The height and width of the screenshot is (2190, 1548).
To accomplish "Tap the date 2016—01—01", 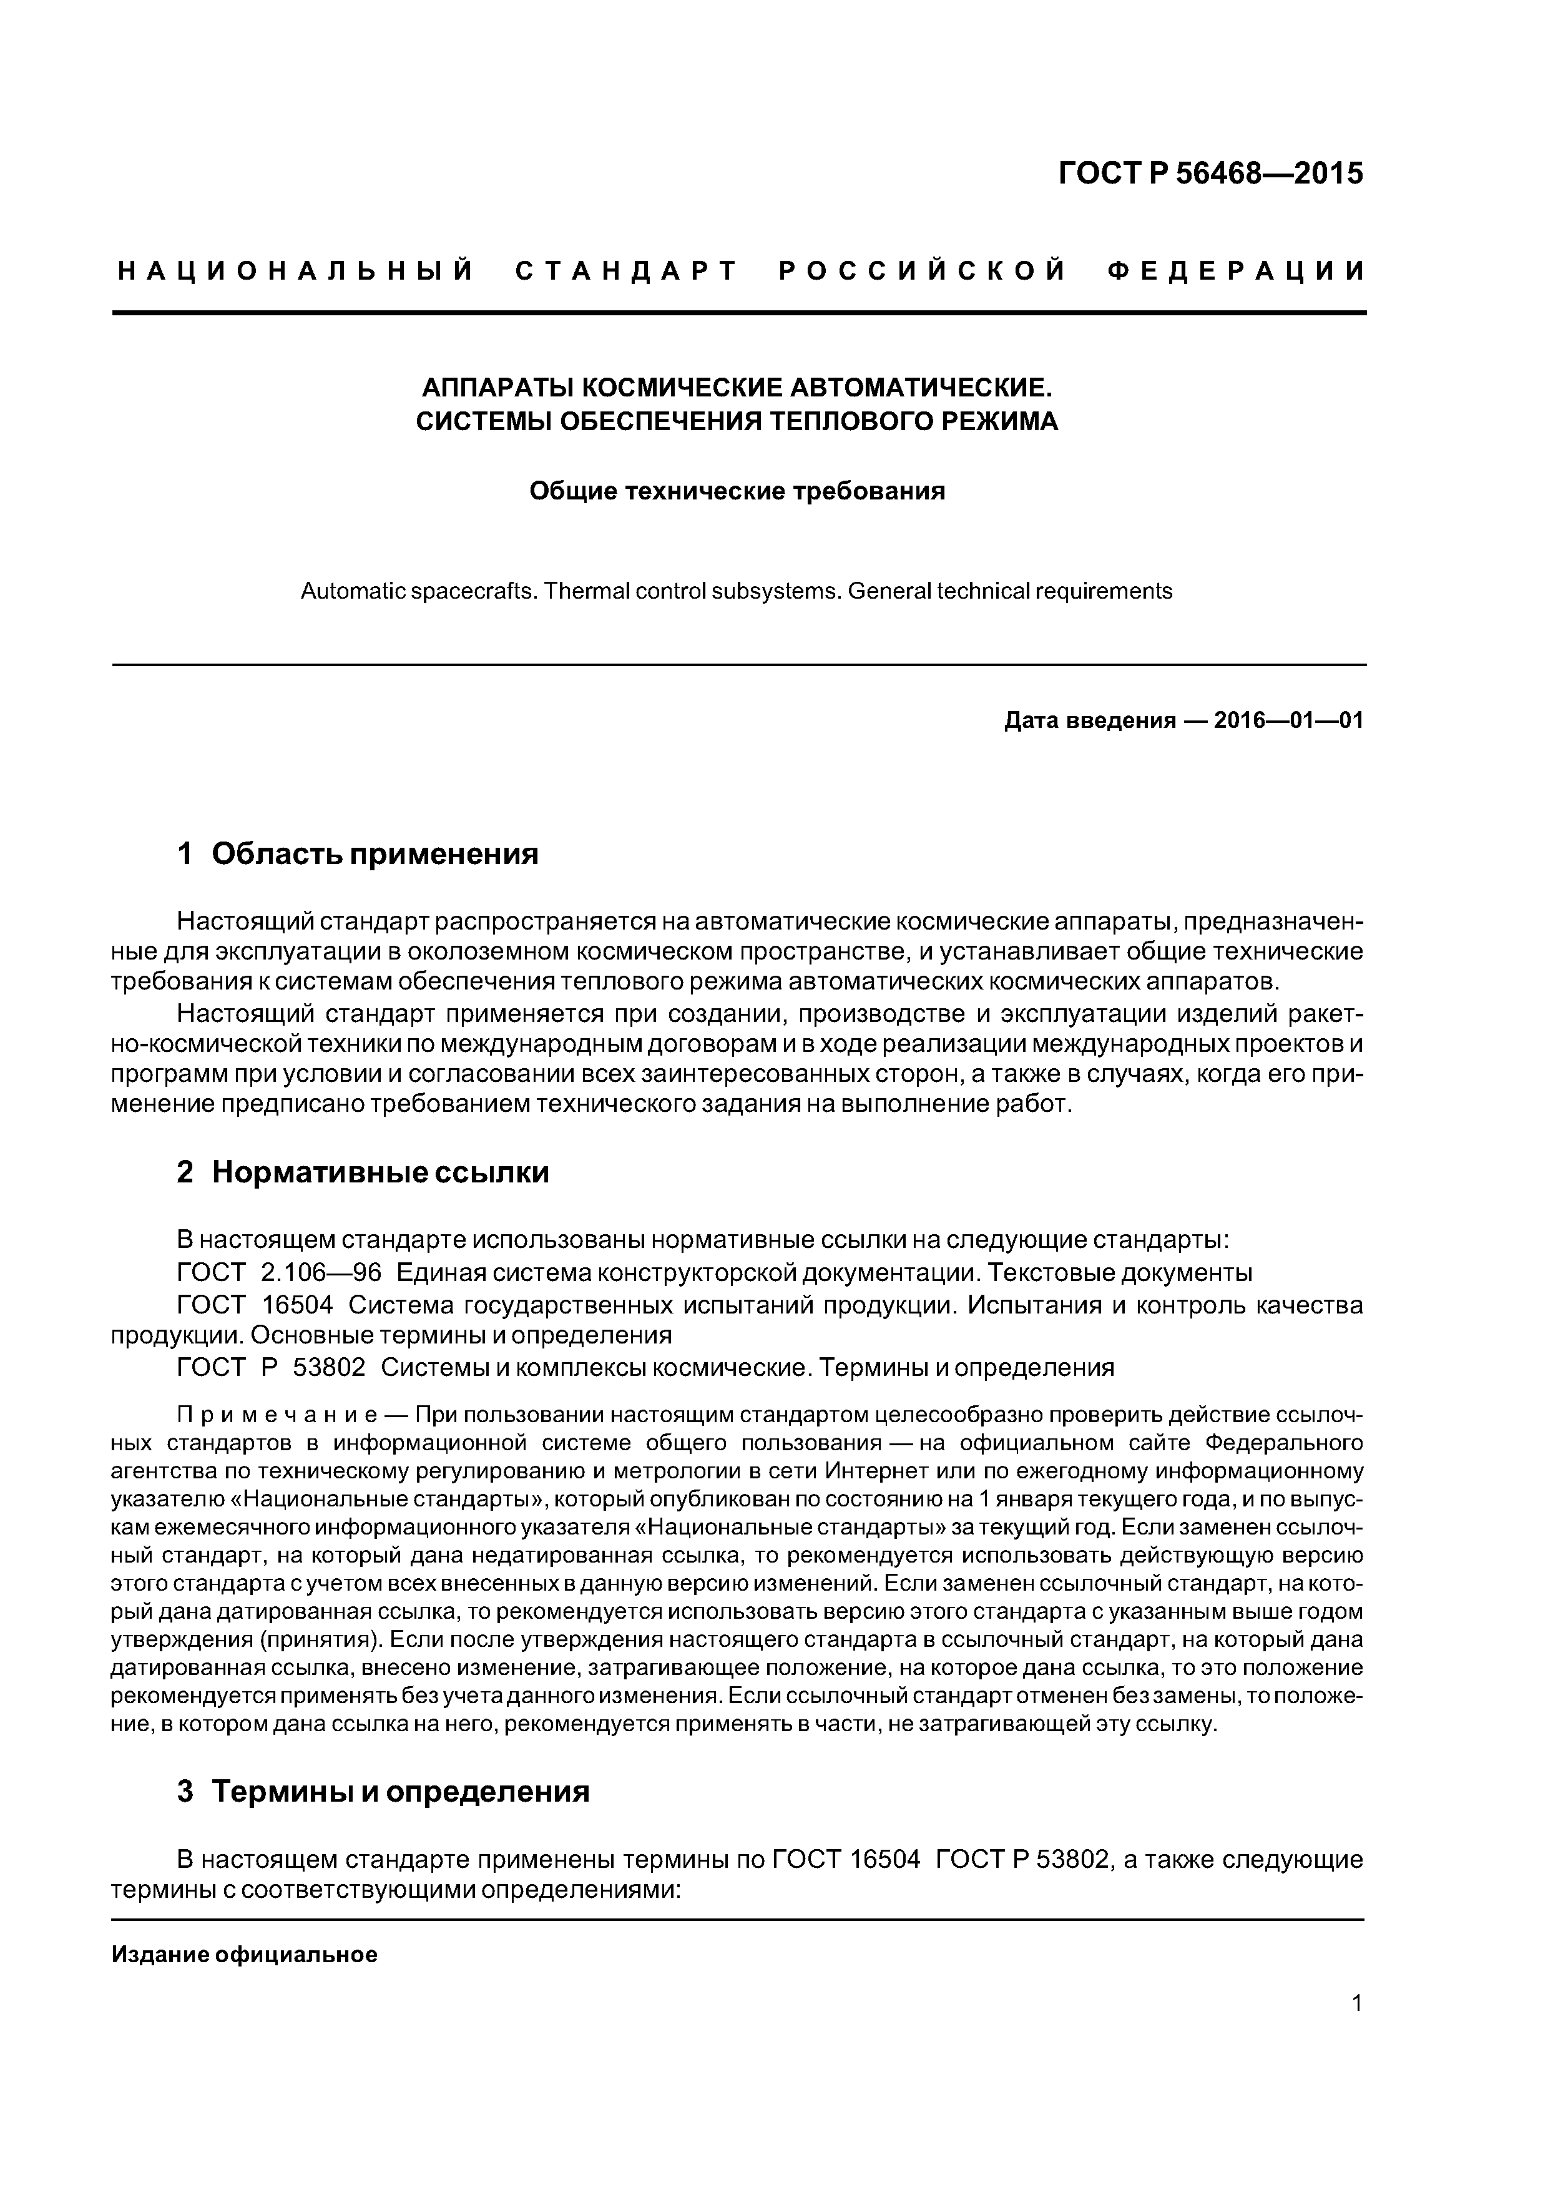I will (1288, 720).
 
